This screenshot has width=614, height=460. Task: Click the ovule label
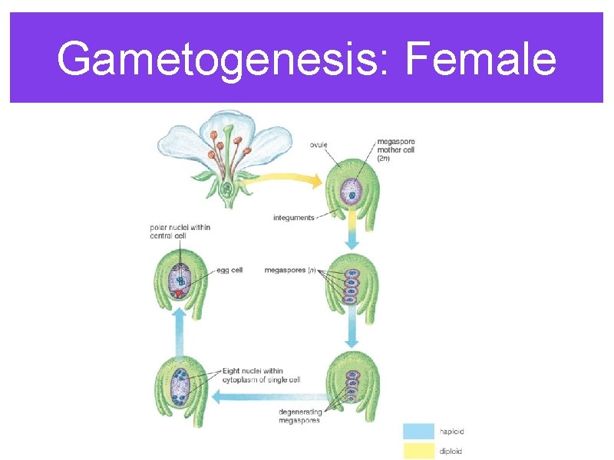click(320, 144)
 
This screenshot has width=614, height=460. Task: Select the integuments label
click(293, 218)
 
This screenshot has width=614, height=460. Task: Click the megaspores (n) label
click(290, 270)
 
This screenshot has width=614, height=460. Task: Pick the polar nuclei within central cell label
click(180, 232)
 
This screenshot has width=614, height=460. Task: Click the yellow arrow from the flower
click(284, 181)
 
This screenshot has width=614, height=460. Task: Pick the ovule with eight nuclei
click(181, 387)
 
